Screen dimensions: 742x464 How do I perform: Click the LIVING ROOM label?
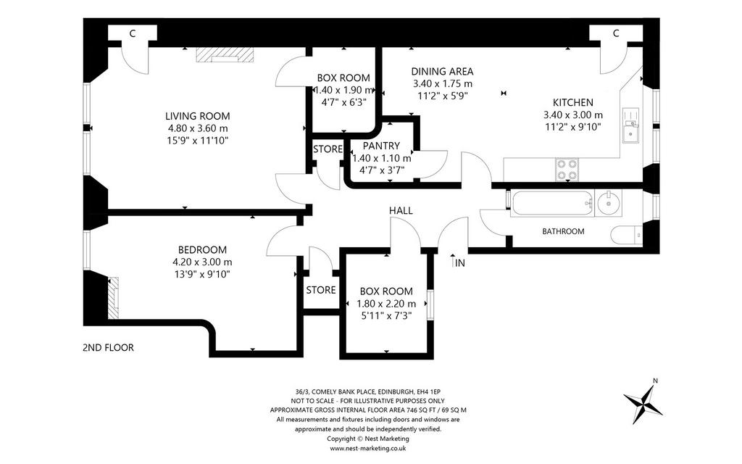point(197,116)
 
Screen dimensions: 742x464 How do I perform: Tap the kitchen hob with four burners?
point(567,170)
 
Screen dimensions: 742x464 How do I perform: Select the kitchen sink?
point(630,125)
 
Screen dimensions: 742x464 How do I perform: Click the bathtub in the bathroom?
point(551,204)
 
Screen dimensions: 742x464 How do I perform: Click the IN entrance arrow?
point(453,261)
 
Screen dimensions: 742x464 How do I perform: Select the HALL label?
point(401,211)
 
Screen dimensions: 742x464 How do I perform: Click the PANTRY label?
point(381,146)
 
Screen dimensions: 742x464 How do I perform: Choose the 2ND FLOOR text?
point(109,347)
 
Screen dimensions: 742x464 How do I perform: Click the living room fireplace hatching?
point(225,54)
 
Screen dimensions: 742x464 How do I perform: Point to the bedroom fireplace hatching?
point(113,298)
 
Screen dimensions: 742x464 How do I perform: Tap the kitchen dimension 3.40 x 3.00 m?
point(573,115)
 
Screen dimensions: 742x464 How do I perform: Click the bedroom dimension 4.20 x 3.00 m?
point(203,262)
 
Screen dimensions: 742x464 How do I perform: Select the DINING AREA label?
point(442,72)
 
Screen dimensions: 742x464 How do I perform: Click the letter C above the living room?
point(133,33)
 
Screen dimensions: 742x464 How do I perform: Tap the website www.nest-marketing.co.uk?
point(367,448)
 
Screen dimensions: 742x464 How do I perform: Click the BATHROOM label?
point(563,231)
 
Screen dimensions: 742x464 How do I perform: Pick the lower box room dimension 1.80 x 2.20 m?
point(386,304)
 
